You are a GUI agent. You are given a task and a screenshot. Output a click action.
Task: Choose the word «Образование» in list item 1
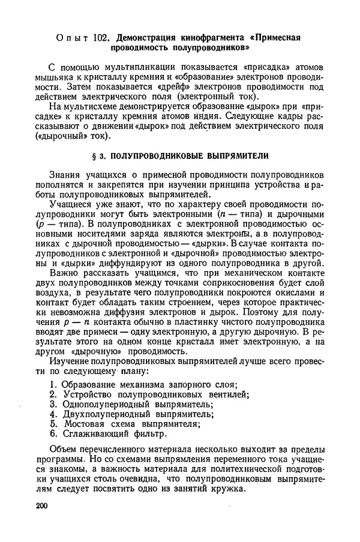coord(91,384)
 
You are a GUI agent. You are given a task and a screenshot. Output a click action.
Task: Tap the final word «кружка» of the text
coord(227,489)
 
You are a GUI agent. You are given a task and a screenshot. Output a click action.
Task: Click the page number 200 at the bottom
coord(41,507)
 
